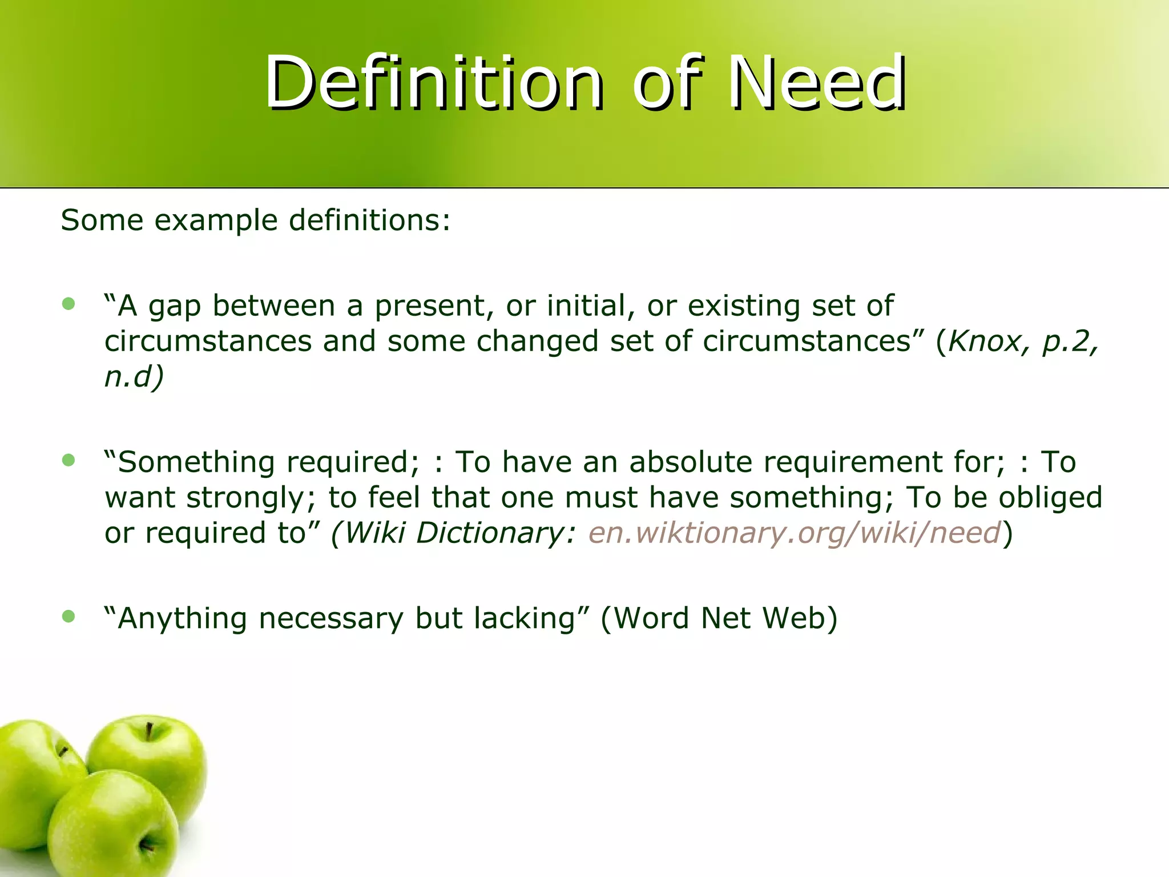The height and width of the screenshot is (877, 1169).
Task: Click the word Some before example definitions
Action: (x=102, y=220)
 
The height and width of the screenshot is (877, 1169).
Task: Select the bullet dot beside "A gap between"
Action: (x=68, y=304)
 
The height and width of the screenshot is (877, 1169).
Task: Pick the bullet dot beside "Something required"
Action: (x=68, y=460)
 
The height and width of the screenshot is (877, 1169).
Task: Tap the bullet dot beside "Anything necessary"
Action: (x=68, y=616)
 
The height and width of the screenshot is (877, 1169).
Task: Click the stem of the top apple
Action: (x=149, y=731)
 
